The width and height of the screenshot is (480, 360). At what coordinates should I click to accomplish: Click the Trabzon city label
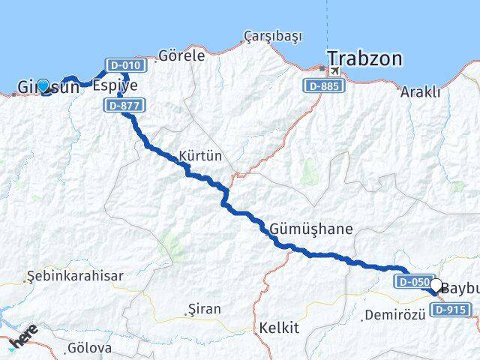[x=364, y=58]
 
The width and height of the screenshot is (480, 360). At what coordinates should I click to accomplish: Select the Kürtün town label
[x=200, y=156]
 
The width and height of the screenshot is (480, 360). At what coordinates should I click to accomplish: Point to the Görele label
[x=181, y=55]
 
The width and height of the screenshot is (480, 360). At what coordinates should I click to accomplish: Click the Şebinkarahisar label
[x=75, y=276]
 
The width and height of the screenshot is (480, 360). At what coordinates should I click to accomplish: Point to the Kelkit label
[x=279, y=328]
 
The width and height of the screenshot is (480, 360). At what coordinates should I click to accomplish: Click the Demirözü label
[x=394, y=315]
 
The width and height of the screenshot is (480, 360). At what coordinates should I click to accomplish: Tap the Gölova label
[x=89, y=348]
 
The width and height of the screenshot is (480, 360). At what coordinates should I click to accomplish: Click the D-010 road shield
[x=125, y=65]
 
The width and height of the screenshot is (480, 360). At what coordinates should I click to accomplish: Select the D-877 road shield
[x=122, y=106]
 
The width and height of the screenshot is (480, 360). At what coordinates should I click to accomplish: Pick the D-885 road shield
[x=325, y=86]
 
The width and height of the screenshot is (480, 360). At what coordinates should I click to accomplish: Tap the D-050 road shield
[x=413, y=282]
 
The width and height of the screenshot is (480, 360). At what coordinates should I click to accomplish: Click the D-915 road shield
[x=452, y=309]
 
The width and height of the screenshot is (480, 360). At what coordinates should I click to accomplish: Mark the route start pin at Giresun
[x=43, y=86]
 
